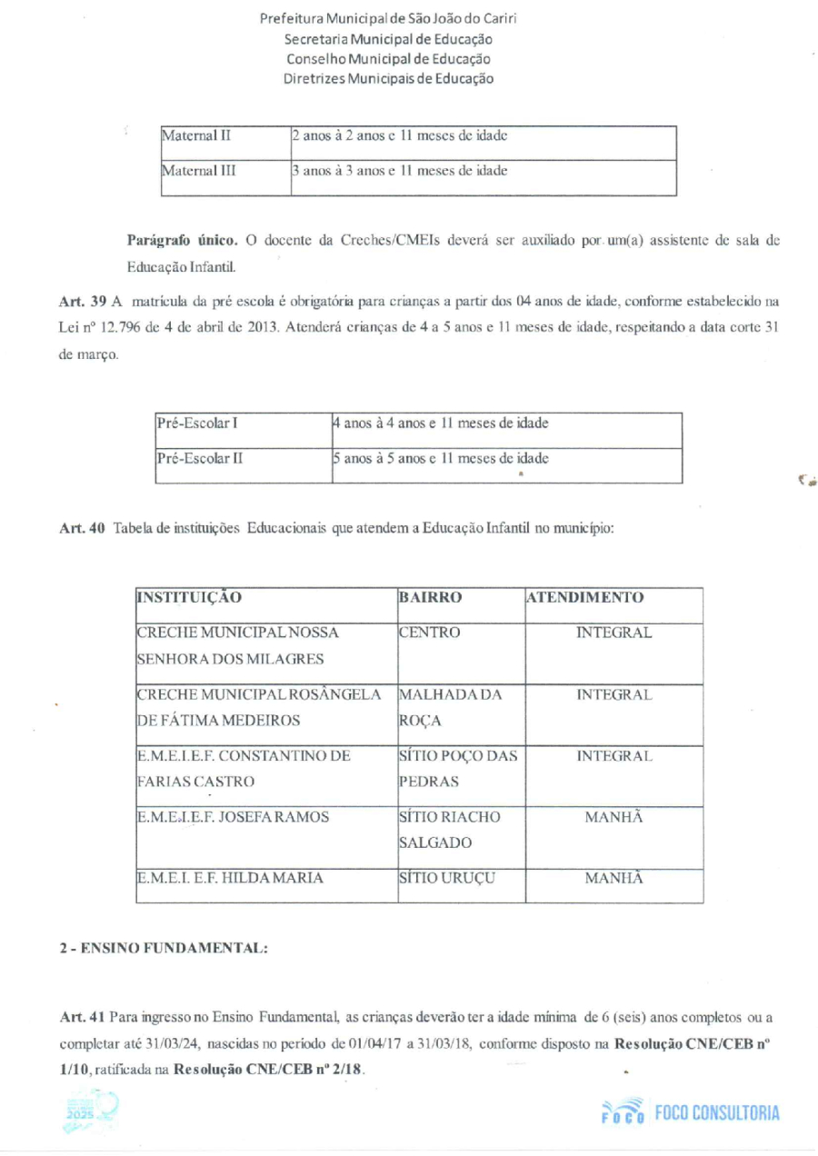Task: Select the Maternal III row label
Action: (x=199, y=170)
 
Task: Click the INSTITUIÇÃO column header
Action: (x=189, y=598)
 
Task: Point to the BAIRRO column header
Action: (x=431, y=598)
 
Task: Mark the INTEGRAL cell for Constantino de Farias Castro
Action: (x=614, y=756)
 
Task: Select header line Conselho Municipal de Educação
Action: (x=388, y=59)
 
